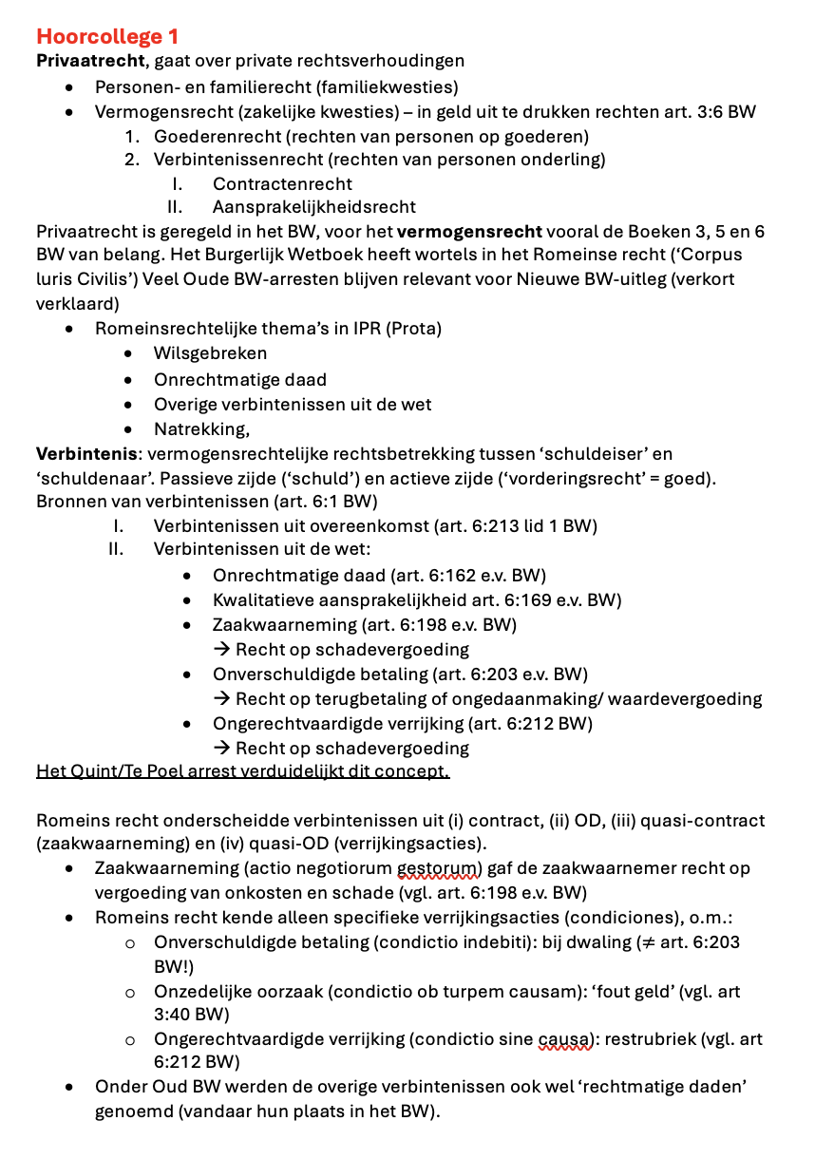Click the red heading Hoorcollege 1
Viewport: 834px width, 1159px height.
coord(107,37)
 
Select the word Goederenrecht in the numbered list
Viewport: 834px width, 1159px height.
coord(212,136)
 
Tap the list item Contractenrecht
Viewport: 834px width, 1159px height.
coord(282,183)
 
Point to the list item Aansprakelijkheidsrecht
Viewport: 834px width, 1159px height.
coord(314,207)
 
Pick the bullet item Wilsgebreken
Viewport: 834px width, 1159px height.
coord(210,353)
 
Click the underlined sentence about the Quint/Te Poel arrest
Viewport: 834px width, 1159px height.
coord(242,770)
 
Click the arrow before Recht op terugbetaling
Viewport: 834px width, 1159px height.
coord(222,699)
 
